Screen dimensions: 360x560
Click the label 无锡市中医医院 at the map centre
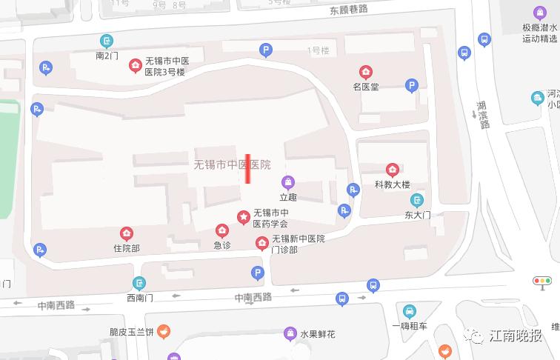tap(231, 164)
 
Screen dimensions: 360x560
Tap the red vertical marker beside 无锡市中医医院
tap(248, 168)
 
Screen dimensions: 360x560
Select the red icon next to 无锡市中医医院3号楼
tap(135, 66)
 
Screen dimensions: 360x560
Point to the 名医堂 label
tap(366, 86)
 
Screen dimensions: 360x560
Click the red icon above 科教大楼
tap(393, 170)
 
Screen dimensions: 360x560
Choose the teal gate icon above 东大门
tap(417, 200)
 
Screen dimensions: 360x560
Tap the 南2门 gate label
tap(107, 55)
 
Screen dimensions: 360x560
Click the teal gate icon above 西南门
tap(139, 283)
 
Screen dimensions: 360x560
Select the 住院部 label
tap(126, 248)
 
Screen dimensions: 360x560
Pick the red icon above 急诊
tap(221, 230)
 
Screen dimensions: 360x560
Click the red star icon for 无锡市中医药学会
tap(243, 216)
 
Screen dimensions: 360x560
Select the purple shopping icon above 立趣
tap(287, 182)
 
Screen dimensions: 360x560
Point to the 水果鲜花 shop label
tap(317, 334)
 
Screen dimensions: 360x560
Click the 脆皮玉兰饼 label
tap(131, 333)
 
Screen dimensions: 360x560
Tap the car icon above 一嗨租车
tap(410, 310)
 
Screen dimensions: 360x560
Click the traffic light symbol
tap(543, 281)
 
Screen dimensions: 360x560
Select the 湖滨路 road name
tap(482, 115)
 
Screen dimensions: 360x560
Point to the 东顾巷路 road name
tap(350, 10)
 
